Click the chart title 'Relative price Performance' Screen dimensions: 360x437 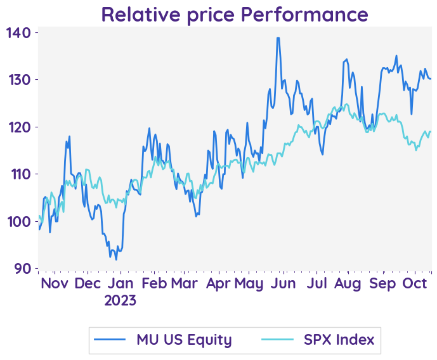point(234,14)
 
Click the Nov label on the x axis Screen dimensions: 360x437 point(55,283)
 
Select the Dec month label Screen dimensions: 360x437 point(88,283)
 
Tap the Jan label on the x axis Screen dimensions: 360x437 point(121,283)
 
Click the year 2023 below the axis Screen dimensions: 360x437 point(121,300)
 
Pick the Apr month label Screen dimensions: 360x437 point(219,283)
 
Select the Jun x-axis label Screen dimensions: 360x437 point(283,283)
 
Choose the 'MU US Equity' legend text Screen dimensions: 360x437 point(184,340)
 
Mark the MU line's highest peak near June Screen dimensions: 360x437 point(278,38)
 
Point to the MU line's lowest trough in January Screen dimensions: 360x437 point(116,259)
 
